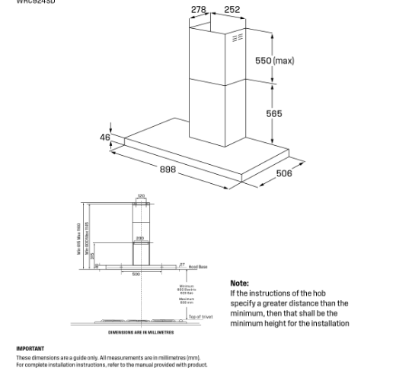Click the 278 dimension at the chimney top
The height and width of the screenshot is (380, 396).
(x=199, y=10)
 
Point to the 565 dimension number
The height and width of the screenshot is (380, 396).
(x=274, y=114)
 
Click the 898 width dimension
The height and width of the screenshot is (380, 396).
(x=168, y=169)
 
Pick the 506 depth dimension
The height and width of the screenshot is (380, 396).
(x=284, y=174)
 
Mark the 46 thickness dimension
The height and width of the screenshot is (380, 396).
(x=105, y=137)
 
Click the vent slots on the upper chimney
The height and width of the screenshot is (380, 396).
(x=238, y=37)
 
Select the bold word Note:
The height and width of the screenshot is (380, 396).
(x=240, y=283)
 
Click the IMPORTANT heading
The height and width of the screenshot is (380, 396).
(x=30, y=349)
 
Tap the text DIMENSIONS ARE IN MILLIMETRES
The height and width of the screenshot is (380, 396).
(x=141, y=332)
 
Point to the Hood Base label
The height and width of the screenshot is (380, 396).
(x=198, y=267)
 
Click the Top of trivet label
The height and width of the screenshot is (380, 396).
(x=200, y=317)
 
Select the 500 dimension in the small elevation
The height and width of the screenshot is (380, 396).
(x=136, y=274)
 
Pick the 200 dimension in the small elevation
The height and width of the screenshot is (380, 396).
(x=140, y=239)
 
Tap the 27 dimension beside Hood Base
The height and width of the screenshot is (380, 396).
(x=182, y=265)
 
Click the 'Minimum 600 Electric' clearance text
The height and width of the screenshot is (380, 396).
(x=187, y=289)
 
